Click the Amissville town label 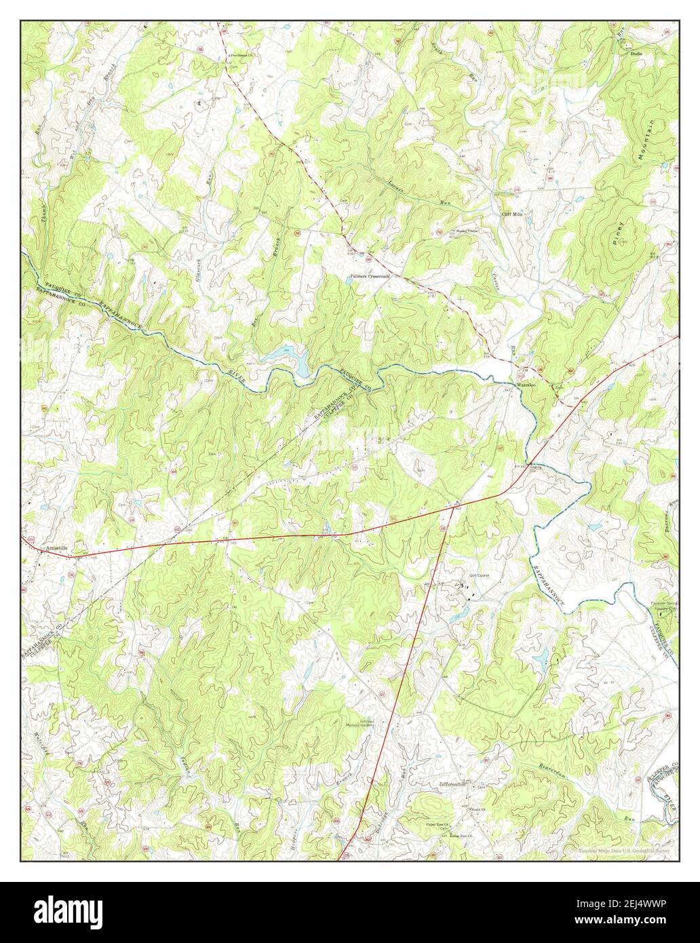tap(48, 548)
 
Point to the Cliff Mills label tap(512, 213)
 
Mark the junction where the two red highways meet tap(449, 506)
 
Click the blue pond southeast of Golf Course tap(541, 656)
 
